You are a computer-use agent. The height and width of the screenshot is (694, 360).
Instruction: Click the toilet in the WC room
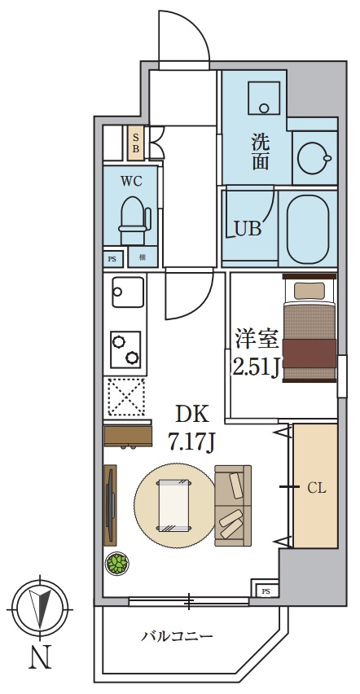coord(132,217)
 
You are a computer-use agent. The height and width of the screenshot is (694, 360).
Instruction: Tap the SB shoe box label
coord(136,143)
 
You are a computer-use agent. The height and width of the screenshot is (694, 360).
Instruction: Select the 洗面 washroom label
coord(260,150)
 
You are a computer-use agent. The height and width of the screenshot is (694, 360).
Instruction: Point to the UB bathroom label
coord(248,229)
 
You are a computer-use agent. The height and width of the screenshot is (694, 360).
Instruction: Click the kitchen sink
coord(127,291)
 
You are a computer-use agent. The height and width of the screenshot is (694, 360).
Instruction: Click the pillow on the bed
coord(309,290)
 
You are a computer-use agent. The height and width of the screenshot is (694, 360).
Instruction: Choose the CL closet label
coord(316,489)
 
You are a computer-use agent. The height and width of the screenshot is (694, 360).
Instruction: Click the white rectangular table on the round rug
coord(174,505)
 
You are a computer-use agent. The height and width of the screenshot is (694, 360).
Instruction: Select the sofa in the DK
coord(233,505)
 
